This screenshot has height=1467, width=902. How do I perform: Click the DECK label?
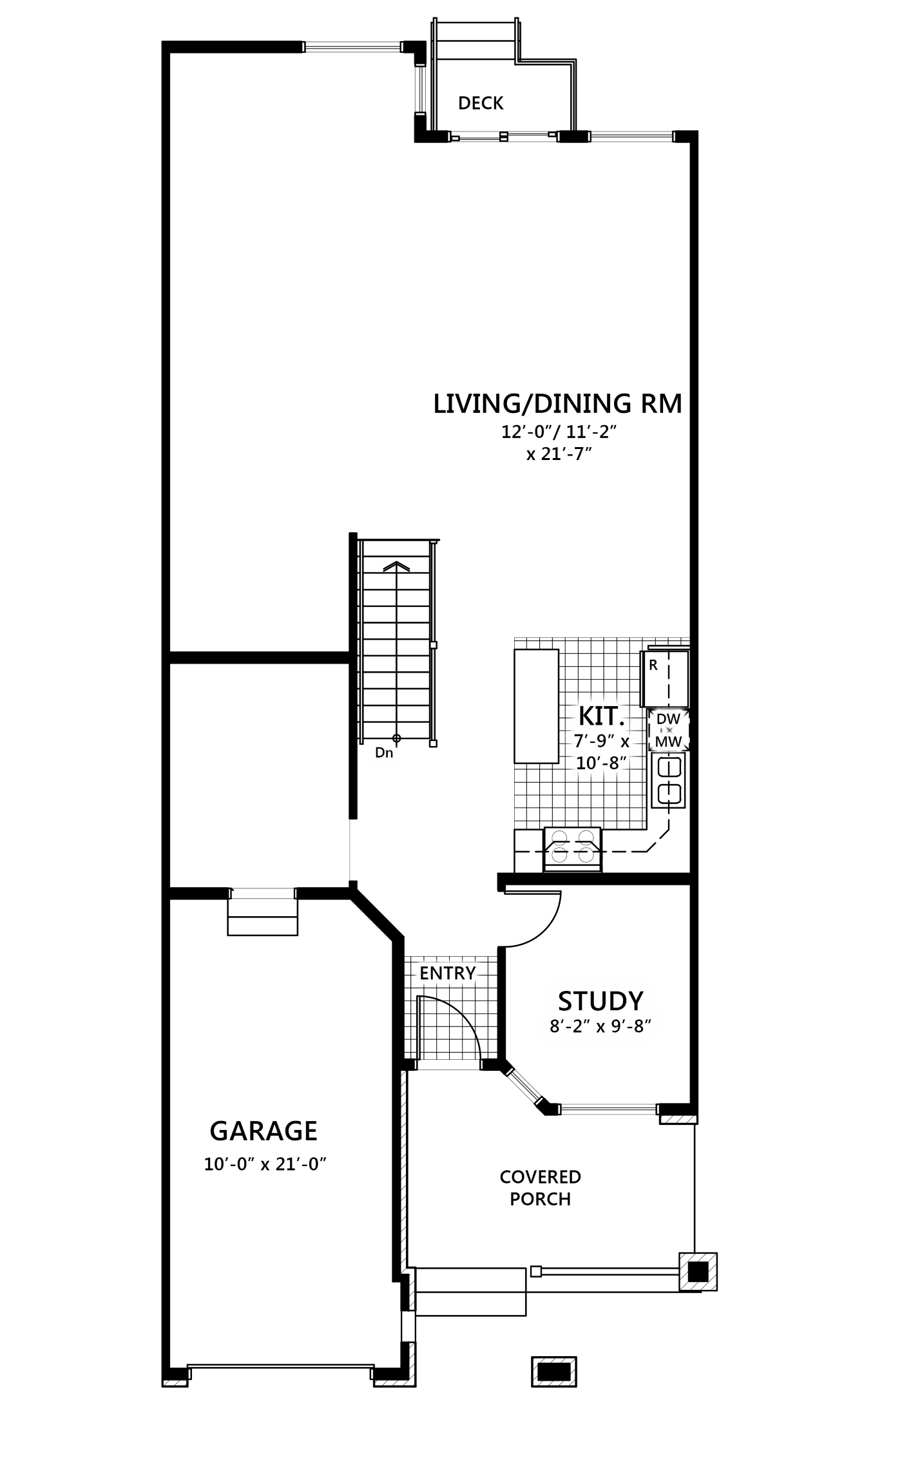tap(481, 103)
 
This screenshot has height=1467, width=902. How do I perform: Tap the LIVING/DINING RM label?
tap(558, 403)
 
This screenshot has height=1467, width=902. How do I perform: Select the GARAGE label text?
tap(264, 1131)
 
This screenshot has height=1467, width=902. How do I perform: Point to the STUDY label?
tap(600, 1001)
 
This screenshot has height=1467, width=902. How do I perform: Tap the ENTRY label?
tap(448, 973)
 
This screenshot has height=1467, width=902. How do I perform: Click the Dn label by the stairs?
tap(384, 753)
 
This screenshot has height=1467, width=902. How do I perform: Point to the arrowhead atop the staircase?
tap(397, 566)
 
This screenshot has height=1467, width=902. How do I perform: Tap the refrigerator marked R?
tap(664, 678)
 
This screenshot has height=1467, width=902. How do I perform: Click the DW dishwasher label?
tap(668, 719)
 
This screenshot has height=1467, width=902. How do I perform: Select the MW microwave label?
tap(668, 742)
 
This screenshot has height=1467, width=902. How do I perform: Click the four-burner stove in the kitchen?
tap(572, 849)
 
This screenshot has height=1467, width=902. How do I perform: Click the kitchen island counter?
tap(536, 706)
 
